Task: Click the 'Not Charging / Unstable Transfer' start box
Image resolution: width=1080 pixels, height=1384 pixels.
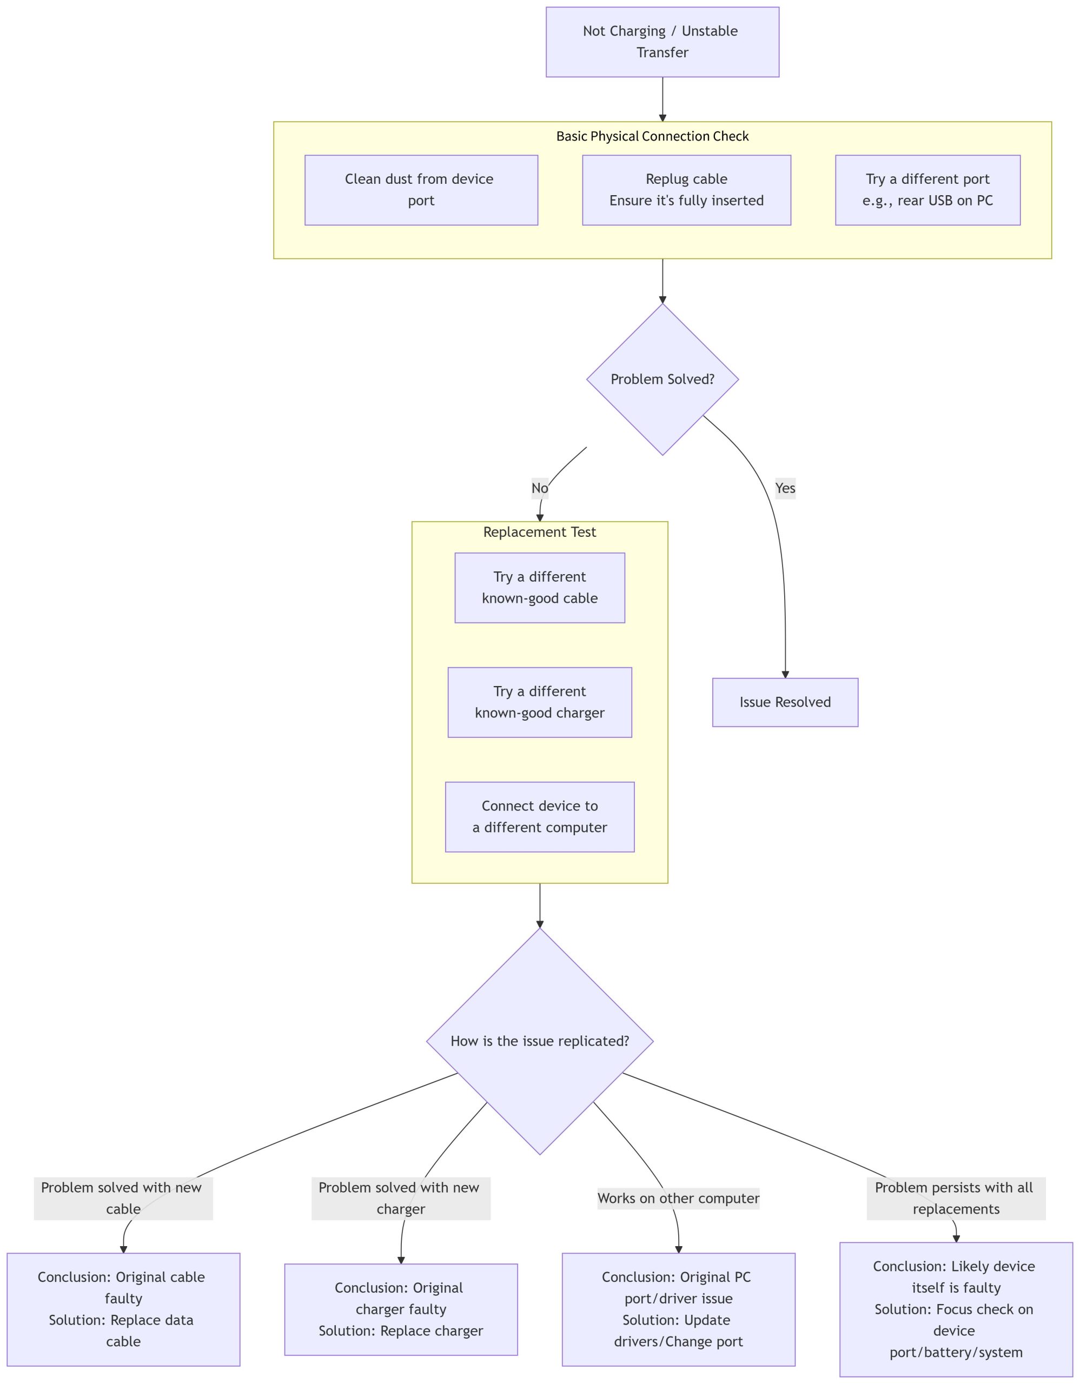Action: [662, 42]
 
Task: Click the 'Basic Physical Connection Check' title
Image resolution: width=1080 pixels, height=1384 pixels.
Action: [652, 136]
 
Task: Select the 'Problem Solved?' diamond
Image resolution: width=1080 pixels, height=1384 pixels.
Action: [662, 379]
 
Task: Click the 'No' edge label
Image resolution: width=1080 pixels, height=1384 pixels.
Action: [539, 488]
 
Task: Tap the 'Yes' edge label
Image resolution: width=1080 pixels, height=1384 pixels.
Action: [785, 488]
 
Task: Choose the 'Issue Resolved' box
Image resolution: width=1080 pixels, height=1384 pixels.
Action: [785, 702]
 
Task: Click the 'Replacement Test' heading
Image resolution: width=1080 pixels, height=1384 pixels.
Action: [539, 531]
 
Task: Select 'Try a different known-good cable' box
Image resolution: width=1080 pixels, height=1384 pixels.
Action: [539, 588]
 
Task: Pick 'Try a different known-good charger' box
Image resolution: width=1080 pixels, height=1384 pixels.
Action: [539, 702]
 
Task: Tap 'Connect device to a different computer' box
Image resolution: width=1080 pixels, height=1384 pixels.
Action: [539, 816]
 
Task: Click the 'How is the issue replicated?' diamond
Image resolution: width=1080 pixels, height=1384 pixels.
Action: [539, 1041]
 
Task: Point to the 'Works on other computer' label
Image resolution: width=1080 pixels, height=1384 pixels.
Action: [678, 1199]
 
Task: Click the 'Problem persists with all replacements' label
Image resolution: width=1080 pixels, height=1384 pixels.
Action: [955, 1199]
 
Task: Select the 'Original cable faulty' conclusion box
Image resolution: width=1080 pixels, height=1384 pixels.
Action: [123, 1309]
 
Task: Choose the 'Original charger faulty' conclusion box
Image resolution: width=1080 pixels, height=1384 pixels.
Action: [401, 1309]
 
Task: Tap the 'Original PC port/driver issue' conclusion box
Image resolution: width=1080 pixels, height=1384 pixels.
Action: [678, 1309]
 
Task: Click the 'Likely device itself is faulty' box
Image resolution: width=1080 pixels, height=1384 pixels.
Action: [955, 1309]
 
